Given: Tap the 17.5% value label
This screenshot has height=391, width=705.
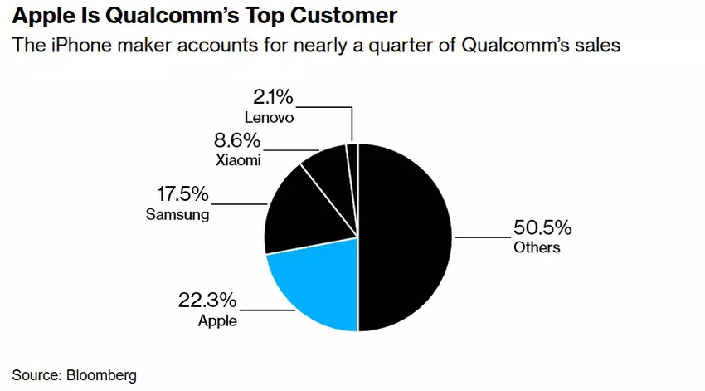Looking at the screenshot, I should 182,195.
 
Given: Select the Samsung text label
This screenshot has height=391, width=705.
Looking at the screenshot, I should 176,215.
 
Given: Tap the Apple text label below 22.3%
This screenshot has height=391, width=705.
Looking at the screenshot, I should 217,320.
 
